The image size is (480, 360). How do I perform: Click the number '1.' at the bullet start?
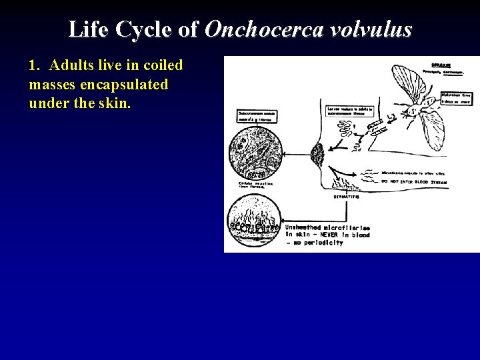click(x=36, y=65)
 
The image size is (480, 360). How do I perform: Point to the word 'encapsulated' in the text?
click(x=127, y=85)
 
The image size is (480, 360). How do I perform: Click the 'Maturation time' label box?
click(x=457, y=99)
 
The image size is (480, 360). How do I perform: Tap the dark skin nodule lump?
click(x=317, y=156)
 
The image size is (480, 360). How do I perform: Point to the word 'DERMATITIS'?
click(x=347, y=196)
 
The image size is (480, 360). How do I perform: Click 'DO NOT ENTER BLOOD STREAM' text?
click(x=413, y=181)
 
